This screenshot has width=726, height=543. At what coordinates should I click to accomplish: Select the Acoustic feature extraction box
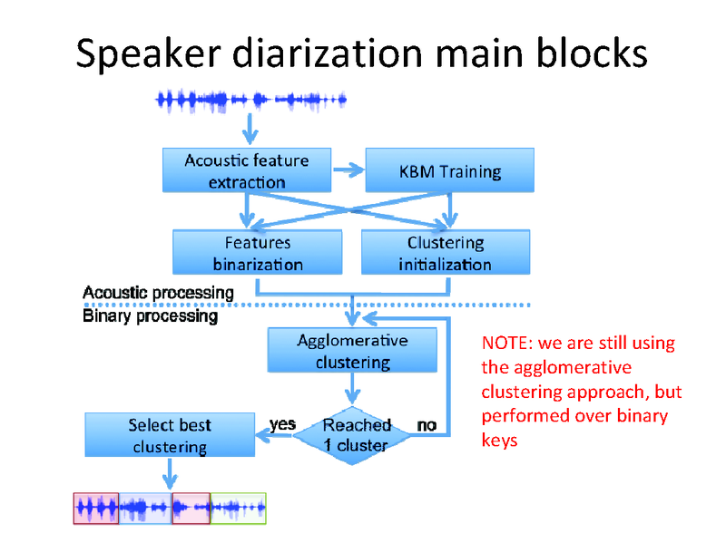[x=246, y=170]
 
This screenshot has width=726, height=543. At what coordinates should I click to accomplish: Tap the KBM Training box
[x=449, y=170]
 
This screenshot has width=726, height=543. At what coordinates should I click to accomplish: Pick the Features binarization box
[x=257, y=253]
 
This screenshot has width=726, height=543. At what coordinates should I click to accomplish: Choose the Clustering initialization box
[x=445, y=253]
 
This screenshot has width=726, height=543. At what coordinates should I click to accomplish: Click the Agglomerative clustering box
[x=352, y=351]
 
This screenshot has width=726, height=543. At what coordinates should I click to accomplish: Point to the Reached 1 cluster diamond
[x=355, y=435]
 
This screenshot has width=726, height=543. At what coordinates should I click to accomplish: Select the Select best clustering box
[x=169, y=435]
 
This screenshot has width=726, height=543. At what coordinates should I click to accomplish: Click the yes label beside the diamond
[x=283, y=423]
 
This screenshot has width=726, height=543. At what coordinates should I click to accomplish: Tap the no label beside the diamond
[x=426, y=424]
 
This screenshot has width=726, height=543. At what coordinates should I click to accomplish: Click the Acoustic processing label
[x=158, y=293]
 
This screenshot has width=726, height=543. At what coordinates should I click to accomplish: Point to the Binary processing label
[x=150, y=316]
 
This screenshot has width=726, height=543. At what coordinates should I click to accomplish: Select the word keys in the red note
[x=499, y=441]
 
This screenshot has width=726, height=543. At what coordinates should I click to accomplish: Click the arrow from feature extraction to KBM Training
[x=347, y=169]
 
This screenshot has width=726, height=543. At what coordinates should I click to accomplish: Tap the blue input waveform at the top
[x=251, y=98]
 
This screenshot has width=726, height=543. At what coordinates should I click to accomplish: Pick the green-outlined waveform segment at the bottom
[x=238, y=509]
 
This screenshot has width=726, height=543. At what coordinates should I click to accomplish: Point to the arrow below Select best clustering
[x=169, y=474]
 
